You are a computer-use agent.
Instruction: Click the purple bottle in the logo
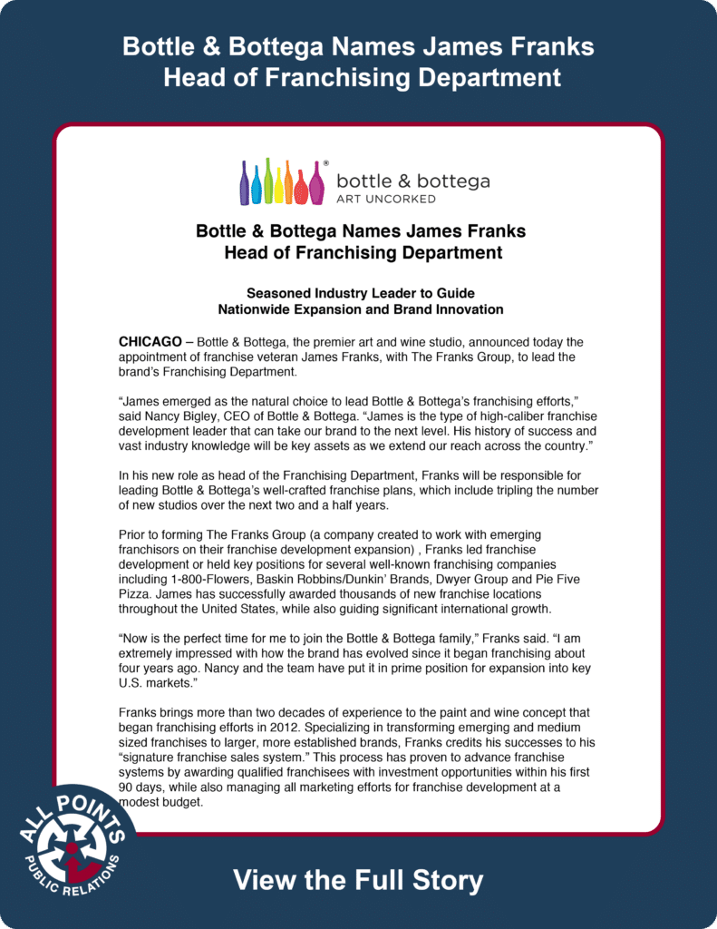point(245,185)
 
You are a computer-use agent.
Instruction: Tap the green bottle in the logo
point(267,182)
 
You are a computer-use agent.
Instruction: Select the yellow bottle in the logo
point(278,185)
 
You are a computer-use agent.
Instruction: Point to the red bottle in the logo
point(301,187)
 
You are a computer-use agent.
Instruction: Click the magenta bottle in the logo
point(316,185)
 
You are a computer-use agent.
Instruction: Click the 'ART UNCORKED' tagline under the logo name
point(386,199)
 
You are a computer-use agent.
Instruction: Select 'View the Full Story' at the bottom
point(358,879)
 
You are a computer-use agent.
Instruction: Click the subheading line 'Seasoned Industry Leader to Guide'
point(361,293)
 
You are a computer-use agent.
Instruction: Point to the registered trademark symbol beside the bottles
point(326,162)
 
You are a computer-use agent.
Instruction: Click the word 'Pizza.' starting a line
point(137,593)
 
